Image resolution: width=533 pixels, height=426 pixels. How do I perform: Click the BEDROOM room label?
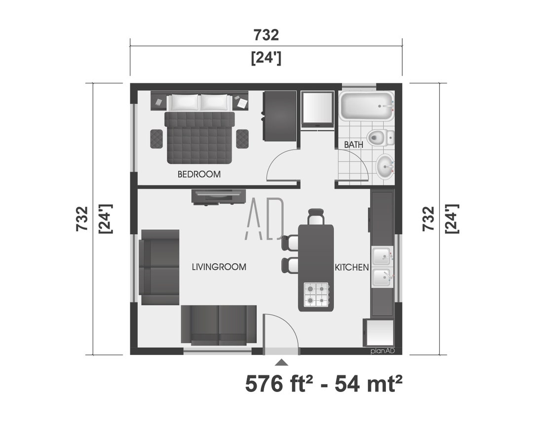tap(199, 175)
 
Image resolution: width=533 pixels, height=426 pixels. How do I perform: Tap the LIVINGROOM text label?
tap(219, 267)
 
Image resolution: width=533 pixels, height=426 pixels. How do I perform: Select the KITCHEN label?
tap(351, 267)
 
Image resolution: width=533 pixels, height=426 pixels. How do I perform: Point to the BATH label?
tap(353, 145)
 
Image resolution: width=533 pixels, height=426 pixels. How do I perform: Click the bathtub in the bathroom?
tap(366, 106)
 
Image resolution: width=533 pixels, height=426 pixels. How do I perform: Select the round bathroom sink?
tap(384, 167)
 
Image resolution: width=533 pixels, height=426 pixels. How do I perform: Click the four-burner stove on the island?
tap(316, 294)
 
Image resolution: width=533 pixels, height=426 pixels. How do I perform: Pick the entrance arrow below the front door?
tap(281, 362)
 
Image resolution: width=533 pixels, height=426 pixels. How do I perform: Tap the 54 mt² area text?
tap(365, 385)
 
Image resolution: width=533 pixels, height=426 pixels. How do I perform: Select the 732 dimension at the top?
tap(266, 35)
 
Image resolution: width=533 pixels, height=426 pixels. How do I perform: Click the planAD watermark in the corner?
tap(385, 351)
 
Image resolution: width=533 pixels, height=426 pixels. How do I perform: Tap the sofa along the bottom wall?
tap(219, 324)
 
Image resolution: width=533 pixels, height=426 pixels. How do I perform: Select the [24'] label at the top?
tap(266, 58)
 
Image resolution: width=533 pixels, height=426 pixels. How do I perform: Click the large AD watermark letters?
tap(265, 218)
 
